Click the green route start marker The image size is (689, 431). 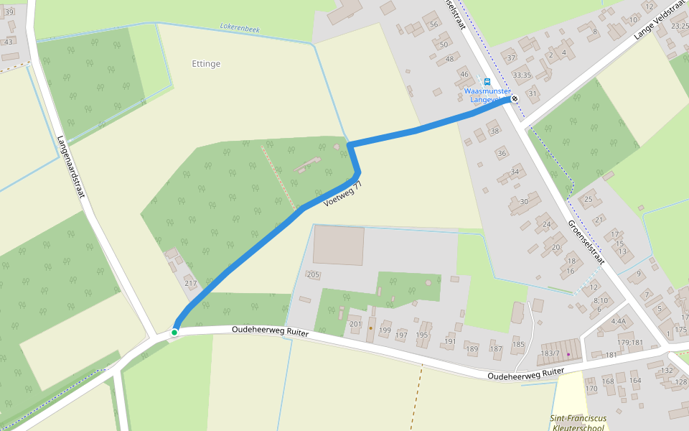[x=174, y=332]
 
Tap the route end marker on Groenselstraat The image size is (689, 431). [x=515, y=99]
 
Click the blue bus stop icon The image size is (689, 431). [x=487, y=81]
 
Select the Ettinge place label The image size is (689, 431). [x=206, y=64]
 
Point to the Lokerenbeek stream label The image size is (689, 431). [x=240, y=29]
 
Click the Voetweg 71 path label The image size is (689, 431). [x=343, y=195]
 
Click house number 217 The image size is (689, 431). [x=190, y=284]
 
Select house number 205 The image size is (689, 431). [x=313, y=274]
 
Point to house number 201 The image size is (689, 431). [x=355, y=324]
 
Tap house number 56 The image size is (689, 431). [x=433, y=24]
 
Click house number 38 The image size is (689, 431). [x=494, y=131]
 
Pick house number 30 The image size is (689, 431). [x=524, y=202]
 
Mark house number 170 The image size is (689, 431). [x=591, y=389]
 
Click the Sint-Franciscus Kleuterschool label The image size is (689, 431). [x=578, y=422]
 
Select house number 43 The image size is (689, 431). [x=9, y=42]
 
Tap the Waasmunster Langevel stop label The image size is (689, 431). [x=487, y=95]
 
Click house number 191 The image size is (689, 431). [x=449, y=342]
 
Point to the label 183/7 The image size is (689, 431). [x=550, y=353]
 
